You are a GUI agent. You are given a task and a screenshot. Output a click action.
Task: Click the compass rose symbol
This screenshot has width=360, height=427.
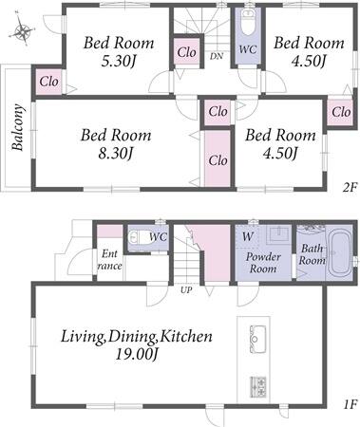point(22,30)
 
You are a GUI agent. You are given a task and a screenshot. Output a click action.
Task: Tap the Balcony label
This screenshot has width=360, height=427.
point(18,127)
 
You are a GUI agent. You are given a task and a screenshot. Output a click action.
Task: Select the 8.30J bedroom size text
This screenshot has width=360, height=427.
point(116,154)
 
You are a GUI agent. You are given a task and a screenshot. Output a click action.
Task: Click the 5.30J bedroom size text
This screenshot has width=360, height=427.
point(119,61)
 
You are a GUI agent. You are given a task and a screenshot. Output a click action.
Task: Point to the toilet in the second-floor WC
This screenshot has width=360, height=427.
point(248,22)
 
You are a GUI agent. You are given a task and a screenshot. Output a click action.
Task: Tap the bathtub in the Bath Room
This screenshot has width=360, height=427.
point(339,253)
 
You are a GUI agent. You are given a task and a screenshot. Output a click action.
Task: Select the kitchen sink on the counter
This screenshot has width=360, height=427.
point(257,339)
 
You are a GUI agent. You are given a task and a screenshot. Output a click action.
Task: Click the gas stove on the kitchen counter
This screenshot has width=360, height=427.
point(258,386)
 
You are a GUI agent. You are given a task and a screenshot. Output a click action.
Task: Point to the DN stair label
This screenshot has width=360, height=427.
point(217,56)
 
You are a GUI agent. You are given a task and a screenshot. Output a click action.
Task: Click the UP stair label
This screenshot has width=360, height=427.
point(186,289)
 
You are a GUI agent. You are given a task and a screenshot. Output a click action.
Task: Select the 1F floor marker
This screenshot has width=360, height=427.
point(351,404)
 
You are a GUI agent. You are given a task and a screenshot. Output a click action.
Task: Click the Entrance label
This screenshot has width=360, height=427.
point(109,260)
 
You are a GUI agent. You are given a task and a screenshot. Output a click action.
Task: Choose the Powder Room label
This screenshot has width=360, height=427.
point(263,263)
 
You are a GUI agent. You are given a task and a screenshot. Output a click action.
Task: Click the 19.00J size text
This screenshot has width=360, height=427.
point(137,354)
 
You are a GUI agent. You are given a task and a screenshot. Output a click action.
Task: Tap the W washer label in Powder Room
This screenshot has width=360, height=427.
point(248,236)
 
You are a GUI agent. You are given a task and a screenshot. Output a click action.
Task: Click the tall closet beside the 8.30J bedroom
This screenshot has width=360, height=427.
point(218,158)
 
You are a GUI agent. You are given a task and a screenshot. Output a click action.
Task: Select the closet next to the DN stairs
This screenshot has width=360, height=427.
point(187,51)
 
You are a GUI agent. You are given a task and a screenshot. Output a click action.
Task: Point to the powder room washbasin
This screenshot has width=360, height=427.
point(278,234)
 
